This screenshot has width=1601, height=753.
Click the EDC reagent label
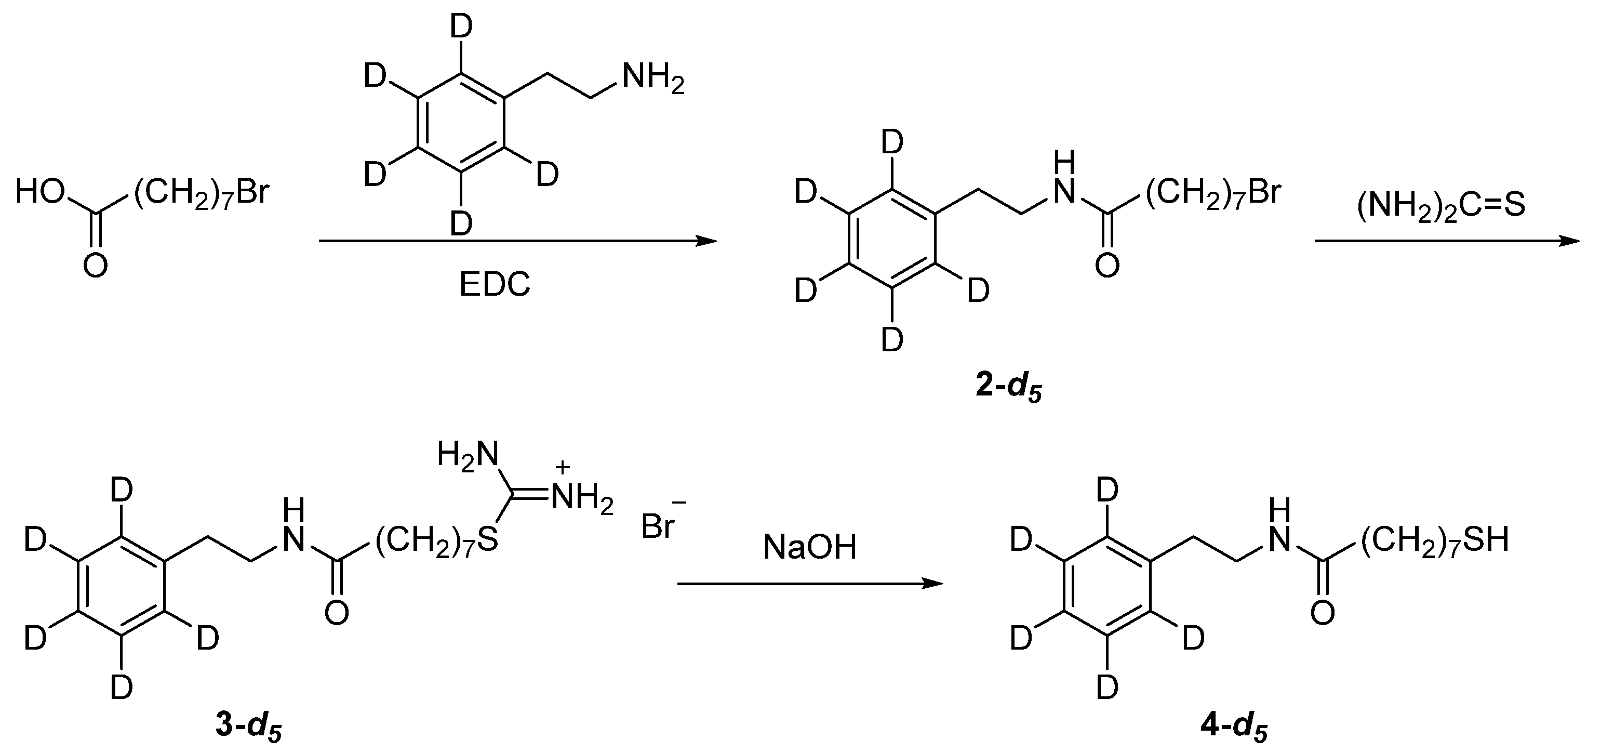(494, 285)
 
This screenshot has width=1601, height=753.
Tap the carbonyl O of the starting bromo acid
(95, 266)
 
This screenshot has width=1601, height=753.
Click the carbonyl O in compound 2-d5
(1107, 266)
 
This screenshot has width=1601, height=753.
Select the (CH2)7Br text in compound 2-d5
(1212, 193)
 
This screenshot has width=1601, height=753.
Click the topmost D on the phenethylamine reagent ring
(461, 27)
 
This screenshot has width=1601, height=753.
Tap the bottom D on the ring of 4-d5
(1107, 688)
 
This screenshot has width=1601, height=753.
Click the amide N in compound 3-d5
(293, 541)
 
